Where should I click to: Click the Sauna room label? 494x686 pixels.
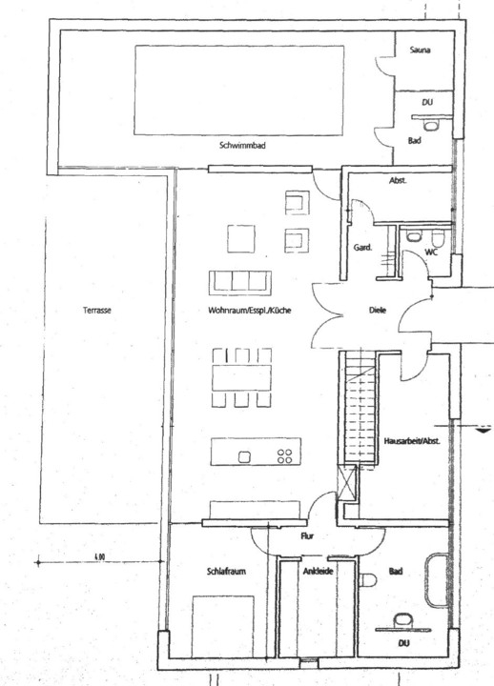(x=420, y=50)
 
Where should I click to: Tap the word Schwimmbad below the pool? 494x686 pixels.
(x=242, y=146)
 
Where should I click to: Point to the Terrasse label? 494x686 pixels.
(x=96, y=311)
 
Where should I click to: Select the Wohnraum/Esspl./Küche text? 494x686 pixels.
(x=250, y=311)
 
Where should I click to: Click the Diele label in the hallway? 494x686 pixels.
(x=378, y=311)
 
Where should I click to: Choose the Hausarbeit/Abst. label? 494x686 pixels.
(x=412, y=441)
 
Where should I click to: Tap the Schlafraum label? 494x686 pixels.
(x=226, y=572)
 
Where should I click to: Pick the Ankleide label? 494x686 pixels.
(x=319, y=572)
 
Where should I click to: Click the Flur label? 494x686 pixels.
(x=307, y=535)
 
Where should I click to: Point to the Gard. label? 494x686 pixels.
(x=362, y=248)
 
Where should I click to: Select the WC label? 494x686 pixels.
(x=431, y=252)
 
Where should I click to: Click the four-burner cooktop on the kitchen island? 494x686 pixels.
(x=284, y=456)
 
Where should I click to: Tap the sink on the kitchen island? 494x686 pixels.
(x=244, y=457)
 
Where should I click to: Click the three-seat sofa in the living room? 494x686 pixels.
(x=240, y=283)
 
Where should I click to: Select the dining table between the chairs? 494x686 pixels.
(x=241, y=377)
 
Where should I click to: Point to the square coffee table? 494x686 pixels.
(x=241, y=239)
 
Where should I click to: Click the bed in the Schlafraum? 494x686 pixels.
(x=223, y=626)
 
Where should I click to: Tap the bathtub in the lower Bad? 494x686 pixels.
(x=436, y=580)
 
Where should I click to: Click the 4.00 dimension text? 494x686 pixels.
(x=99, y=557)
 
